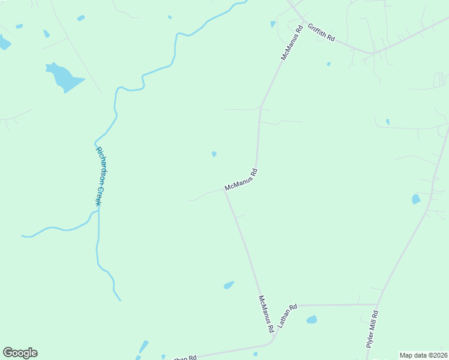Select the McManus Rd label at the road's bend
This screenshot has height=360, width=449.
[x=241, y=180]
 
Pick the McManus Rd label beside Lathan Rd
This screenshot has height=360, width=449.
[x=266, y=314]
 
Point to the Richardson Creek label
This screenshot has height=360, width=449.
[x=97, y=177]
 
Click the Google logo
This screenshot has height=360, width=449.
[x=20, y=353]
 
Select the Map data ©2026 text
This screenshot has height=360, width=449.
[x=423, y=355]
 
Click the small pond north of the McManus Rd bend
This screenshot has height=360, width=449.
[x=214, y=154]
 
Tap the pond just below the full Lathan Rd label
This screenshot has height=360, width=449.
[x=311, y=320]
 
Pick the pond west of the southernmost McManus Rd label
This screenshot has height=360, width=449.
[x=229, y=286]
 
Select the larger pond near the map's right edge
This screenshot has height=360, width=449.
[x=416, y=199]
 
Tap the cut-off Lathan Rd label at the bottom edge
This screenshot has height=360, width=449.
[x=183, y=358]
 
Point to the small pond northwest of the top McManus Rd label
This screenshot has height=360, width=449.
[x=273, y=24]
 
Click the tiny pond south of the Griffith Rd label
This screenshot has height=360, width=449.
[x=328, y=64]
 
